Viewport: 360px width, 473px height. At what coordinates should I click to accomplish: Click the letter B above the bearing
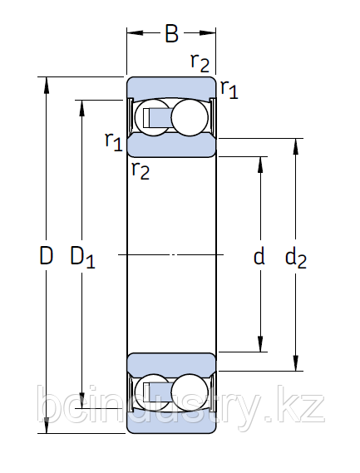171,34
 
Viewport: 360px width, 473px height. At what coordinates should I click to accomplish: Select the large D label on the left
47,256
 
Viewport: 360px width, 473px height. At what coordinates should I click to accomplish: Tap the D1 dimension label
82,258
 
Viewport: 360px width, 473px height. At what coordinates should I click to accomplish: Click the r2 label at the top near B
200,62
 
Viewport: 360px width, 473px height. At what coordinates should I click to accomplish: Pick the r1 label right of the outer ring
229,89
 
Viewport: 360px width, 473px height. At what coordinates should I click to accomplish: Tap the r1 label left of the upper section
113,140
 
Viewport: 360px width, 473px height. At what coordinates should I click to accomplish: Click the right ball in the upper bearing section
190,116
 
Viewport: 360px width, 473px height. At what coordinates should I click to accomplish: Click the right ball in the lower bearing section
190,392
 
